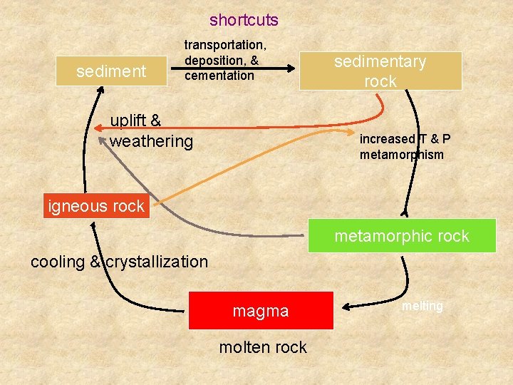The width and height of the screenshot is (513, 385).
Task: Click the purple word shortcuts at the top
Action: coord(244,21)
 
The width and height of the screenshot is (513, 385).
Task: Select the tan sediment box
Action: coord(110,71)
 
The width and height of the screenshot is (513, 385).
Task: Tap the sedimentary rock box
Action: coord(380,71)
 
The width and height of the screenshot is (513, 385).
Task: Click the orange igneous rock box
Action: coord(96,207)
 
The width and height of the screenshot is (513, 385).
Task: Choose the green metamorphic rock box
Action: coord(402,236)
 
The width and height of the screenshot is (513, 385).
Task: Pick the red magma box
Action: coord(261,311)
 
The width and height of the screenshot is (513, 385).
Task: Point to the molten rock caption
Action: coord(264,347)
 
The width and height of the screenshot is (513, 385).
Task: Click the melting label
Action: coord(422,306)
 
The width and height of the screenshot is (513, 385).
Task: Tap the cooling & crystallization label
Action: coord(119,262)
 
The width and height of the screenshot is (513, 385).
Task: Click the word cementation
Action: coord(219,76)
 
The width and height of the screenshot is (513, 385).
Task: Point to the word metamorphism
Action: coord(401,155)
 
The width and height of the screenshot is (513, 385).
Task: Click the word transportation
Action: coord(225,45)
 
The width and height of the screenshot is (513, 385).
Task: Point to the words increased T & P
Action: coord(405,139)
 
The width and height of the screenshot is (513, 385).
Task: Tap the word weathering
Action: coord(151,141)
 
